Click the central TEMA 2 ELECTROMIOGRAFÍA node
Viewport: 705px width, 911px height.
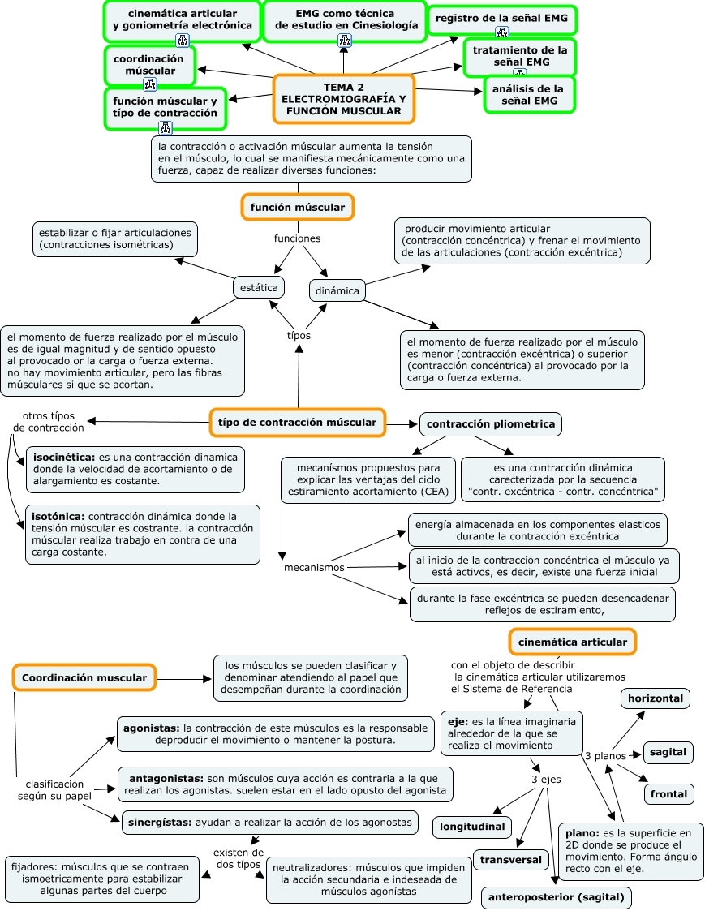(344, 99)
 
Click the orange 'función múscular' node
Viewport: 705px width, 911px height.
(298, 208)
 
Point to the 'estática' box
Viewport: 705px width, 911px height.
(259, 287)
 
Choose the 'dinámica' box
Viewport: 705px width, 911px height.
(337, 290)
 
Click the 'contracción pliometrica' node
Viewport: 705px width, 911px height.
(491, 423)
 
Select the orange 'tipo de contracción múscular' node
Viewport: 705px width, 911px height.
(297, 422)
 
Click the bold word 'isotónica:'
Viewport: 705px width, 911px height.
(58, 516)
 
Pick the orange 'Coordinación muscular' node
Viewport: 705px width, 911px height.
(84, 677)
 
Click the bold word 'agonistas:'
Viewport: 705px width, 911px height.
(152, 728)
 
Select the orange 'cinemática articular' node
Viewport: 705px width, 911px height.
(572, 642)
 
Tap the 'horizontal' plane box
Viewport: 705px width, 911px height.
(656, 698)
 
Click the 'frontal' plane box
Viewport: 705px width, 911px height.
(668, 794)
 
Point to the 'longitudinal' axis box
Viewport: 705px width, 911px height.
(472, 827)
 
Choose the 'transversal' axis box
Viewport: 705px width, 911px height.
(510, 859)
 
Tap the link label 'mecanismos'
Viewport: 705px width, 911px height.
(314, 567)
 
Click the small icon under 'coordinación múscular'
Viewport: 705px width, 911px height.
(150, 84)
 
